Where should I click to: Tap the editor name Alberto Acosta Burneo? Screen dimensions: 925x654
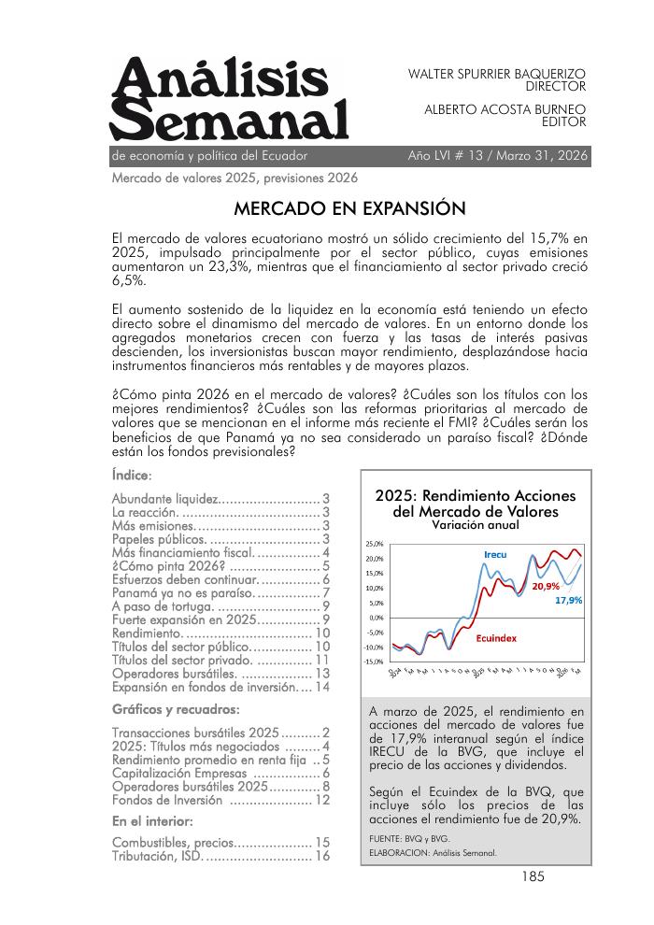(505, 108)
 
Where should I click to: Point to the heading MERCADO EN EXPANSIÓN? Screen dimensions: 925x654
(349, 207)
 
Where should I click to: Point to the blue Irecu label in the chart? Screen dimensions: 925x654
(495, 555)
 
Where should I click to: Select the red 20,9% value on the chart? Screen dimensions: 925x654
(546, 587)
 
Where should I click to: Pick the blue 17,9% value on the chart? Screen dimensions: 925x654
(568, 601)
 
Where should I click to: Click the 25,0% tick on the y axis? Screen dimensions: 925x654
(374, 543)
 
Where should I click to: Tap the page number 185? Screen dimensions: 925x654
(533, 876)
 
